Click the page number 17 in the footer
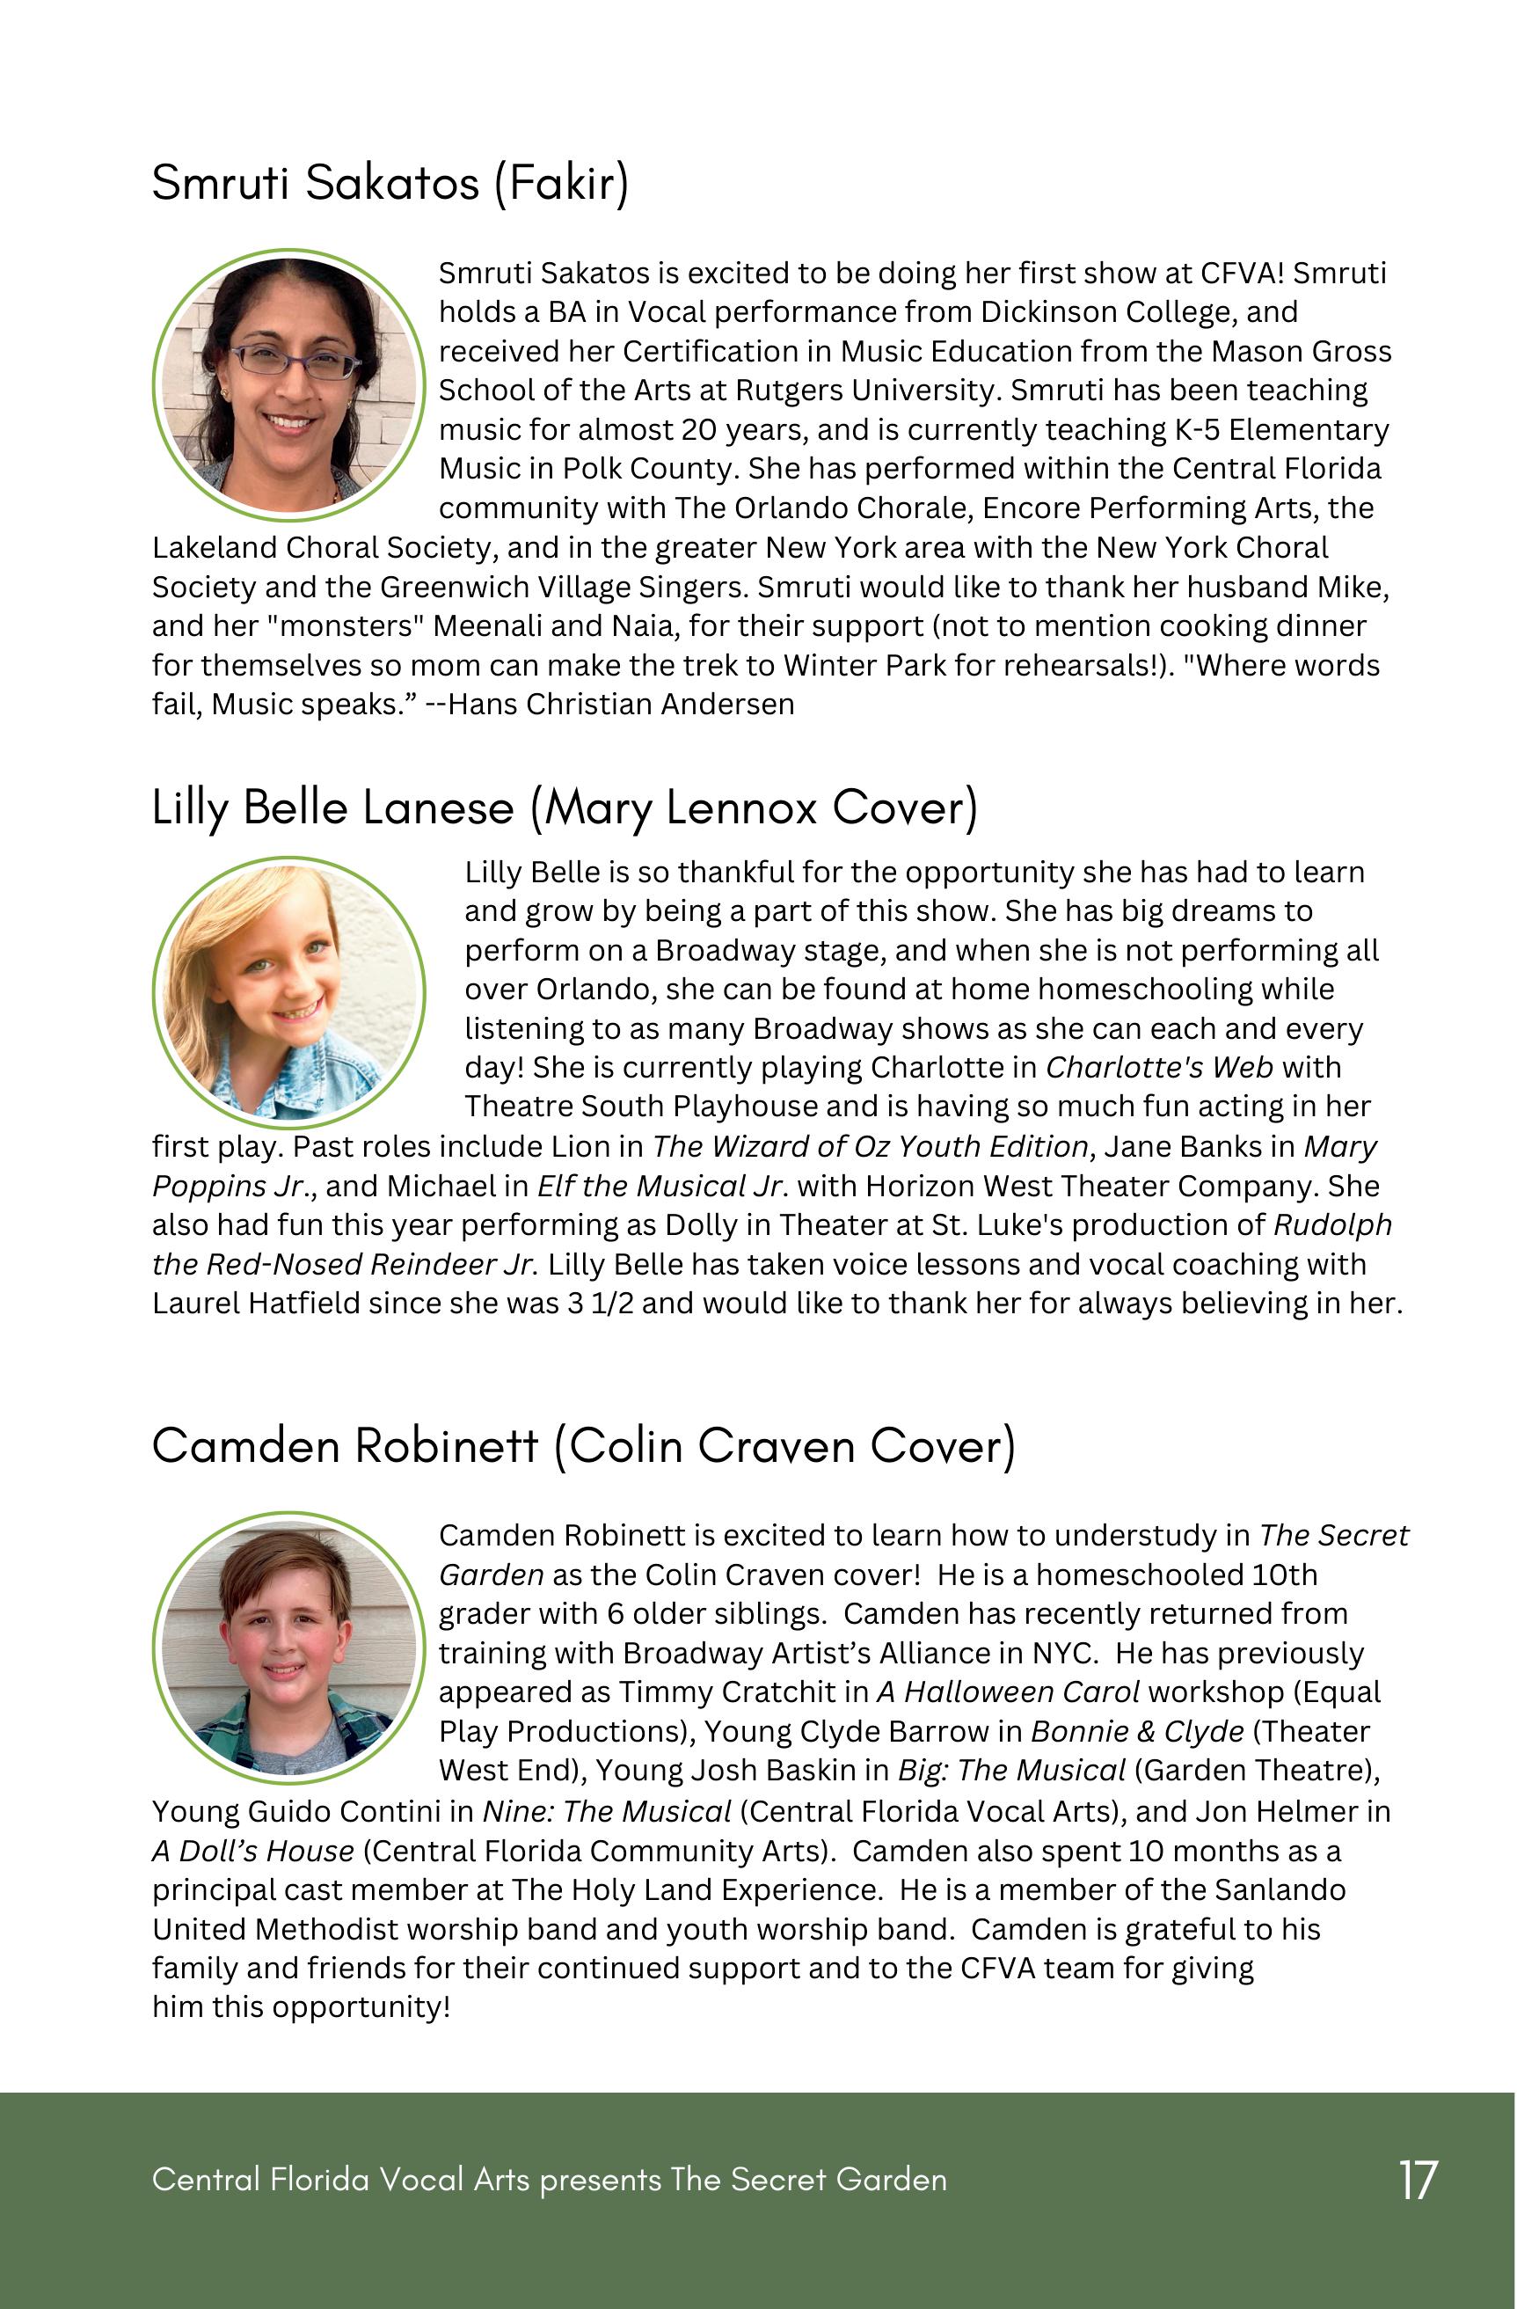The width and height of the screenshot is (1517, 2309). (1417, 2180)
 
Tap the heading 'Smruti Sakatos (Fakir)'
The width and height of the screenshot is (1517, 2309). (390, 182)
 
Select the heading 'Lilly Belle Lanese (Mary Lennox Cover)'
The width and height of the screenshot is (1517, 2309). (565, 808)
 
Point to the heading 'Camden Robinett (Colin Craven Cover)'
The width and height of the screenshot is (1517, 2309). (583, 1445)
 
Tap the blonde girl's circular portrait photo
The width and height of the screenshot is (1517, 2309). (289, 991)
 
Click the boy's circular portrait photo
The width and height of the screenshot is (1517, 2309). (289, 1647)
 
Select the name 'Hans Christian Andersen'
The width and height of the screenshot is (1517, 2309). (621, 705)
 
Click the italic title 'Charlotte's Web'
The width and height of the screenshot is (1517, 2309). (1159, 1067)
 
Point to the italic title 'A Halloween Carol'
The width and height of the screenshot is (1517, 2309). (1008, 1692)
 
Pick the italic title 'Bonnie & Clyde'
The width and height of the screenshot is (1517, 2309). (1137, 1732)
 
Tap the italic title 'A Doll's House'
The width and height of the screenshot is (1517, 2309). (253, 1851)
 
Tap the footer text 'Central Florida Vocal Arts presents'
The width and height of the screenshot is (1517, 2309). (407, 2180)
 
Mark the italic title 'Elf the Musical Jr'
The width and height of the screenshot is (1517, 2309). (658, 1186)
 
